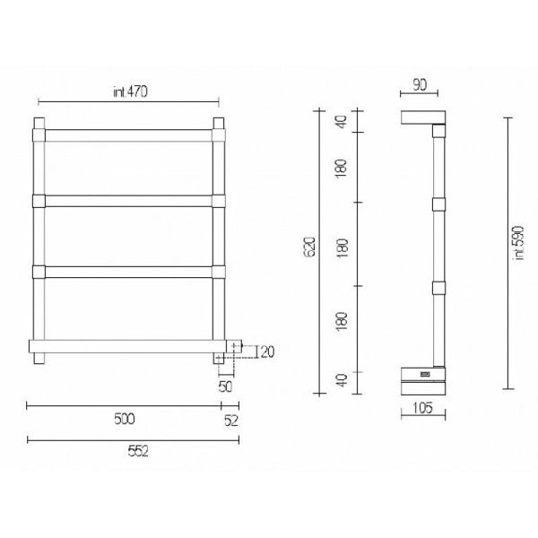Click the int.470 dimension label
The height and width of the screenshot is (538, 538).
(130, 91)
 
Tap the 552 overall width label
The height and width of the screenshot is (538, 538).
(138, 452)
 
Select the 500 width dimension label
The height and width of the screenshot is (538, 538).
(125, 419)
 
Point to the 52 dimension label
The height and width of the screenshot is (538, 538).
(231, 421)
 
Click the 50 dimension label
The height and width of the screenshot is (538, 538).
(225, 386)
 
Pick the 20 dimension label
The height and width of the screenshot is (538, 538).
(267, 352)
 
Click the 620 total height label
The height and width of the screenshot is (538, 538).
(309, 247)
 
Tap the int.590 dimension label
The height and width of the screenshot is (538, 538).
(519, 243)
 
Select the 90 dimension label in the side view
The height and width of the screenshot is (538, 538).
(420, 85)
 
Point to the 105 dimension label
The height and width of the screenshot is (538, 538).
(422, 408)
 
